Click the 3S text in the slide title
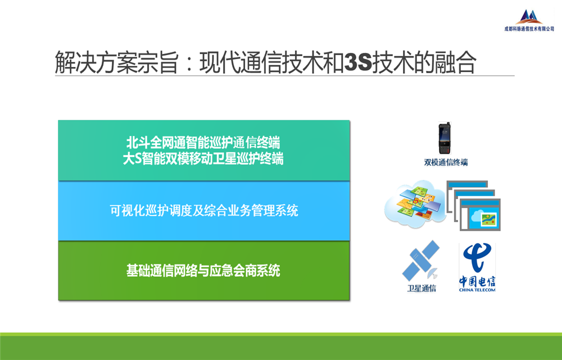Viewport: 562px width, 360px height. point(357,62)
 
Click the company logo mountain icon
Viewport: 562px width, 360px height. point(529,16)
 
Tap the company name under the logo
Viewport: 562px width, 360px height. point(529,29)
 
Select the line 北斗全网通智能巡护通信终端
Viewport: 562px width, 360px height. point(203,143)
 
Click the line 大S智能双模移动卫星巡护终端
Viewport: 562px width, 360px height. point(203,159)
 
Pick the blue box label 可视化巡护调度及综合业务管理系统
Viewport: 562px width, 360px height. point(204,210)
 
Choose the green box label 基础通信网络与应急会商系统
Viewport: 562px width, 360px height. point(203,271)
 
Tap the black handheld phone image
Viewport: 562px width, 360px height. point(445,138)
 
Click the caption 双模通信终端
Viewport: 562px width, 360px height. point(446,163)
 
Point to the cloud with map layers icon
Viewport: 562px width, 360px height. point(414,204)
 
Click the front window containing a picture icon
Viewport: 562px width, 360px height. point(480,215)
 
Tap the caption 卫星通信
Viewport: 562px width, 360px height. point(422,289)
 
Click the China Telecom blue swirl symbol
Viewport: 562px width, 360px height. point(477,258)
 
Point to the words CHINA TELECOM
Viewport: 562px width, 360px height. point(477,290)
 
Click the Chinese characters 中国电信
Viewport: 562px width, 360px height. point(477,281)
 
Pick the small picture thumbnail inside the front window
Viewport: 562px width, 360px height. point(488,219)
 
